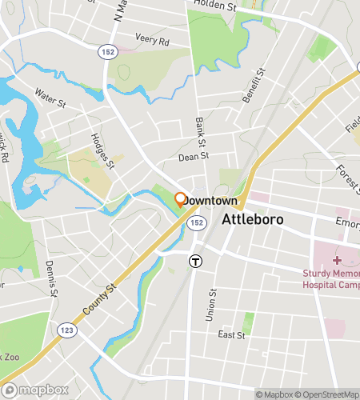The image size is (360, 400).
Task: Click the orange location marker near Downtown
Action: point(181,198)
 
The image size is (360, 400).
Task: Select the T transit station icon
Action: point(194,261)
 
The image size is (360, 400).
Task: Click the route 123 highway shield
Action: point(66,329)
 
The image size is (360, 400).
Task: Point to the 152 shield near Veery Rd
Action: point(106,51)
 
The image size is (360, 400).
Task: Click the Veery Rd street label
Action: point(153,40)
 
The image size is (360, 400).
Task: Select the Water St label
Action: point(50,97)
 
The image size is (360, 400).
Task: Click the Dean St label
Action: point(193,158)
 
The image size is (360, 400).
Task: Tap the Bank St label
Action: point(200,130)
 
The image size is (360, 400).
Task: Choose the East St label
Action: point(230,335)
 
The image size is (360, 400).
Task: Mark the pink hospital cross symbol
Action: point(336,260)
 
